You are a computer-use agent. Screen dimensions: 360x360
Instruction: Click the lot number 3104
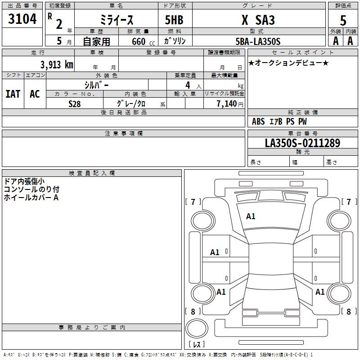point(22,19)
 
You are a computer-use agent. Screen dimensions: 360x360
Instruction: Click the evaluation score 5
point(343,21)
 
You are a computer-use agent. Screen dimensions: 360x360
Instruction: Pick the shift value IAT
point(13,94)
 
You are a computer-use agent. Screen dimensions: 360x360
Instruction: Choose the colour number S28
point(75,103)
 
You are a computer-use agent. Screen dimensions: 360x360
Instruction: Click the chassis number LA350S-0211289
point(302,144)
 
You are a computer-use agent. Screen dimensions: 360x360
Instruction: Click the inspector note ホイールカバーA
point(31,198)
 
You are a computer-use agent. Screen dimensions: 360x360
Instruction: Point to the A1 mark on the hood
point(251,216)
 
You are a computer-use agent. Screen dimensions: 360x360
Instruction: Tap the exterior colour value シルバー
point(96,85)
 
